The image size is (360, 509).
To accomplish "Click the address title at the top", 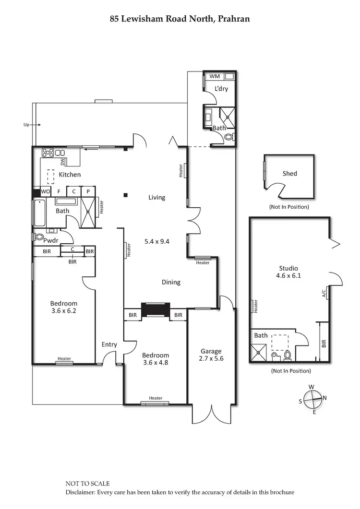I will (x=180, y=19).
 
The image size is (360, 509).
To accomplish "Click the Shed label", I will (x=289, y=174).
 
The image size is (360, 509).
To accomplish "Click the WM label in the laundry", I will (x=215, y=76).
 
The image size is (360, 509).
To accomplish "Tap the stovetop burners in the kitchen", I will (x=48, y=154).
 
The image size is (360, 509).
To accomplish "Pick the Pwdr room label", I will (x=50, y=240).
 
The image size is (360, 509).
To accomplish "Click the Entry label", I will (x=109, y=344).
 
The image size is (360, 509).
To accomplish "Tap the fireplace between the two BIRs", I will (x=156, y=309).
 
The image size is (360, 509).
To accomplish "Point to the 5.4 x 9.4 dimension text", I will (x=157, y=242).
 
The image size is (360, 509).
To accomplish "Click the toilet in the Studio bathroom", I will (x=288, y=355).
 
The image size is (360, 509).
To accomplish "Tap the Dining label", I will (x=171, y=282).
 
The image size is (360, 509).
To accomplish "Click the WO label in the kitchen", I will (x=46, y=191).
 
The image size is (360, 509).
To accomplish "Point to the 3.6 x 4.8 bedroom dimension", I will (x=156, y=363).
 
